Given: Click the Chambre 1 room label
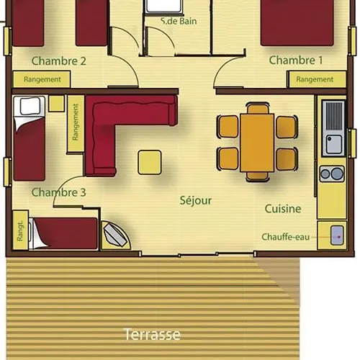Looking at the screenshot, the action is (296, 60).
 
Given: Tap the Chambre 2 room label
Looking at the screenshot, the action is (58, 61).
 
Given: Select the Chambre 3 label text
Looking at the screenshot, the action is (58, 192).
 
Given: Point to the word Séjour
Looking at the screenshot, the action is (196, 200).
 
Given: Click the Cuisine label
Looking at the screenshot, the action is (283, 209).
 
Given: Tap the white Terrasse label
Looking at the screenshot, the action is (152, 334).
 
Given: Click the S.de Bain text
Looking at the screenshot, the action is (179, 21).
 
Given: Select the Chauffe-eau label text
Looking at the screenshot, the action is (285, 237).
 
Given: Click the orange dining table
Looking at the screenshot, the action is (257, 143).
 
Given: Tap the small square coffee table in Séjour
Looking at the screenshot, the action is (150, 162).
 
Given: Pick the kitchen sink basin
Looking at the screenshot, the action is (333, 143).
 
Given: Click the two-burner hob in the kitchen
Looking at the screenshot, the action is (332, 174).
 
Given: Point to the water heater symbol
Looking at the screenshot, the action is (337, 235).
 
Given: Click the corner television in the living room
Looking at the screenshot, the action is (116, 235).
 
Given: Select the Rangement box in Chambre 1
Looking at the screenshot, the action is (317, 79).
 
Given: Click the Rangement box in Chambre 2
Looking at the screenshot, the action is (42, 79).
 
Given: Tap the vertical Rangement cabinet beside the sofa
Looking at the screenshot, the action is (76, 124).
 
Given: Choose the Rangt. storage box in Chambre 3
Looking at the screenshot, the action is (20, 230).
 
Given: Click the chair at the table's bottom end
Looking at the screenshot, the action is (257, 176).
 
